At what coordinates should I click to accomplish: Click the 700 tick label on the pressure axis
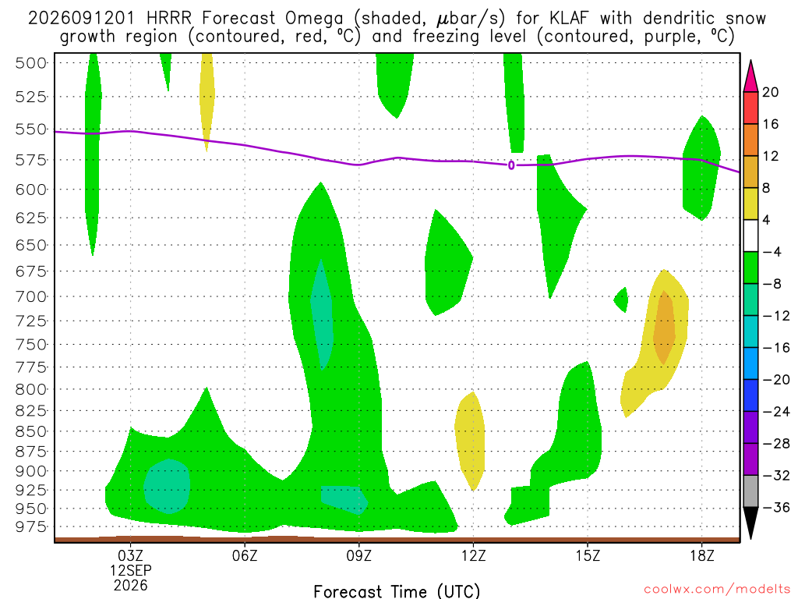click(x=31, y=296)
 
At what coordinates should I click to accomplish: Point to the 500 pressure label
click(x=31, y=63)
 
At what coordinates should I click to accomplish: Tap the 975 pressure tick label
click(x=31, y=526)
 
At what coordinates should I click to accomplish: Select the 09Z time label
click(x=358, y=555)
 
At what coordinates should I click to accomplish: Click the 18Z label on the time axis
click(x=702, y=555)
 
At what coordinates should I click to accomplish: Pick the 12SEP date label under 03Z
click(x=131, y=570)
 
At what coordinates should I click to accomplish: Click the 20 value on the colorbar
click(x=770, y=92)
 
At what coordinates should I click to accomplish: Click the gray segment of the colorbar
click(x=750, y=491)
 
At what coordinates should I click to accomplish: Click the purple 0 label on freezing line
click(x=511, y=165)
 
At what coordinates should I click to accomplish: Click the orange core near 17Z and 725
click(x=664, y=327)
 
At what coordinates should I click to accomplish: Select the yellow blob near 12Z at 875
click(x=470, y=441)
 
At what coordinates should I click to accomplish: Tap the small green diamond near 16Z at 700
click(x=621, y=299)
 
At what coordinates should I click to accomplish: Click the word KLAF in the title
click(x=568, y=19)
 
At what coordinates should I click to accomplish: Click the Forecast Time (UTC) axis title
click(x=397, y=591)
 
